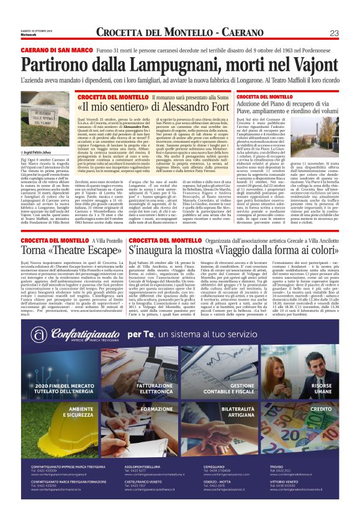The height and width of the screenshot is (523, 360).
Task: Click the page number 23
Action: tap(334, 33)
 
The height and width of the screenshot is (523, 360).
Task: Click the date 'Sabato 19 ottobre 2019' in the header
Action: tap(36, 29)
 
